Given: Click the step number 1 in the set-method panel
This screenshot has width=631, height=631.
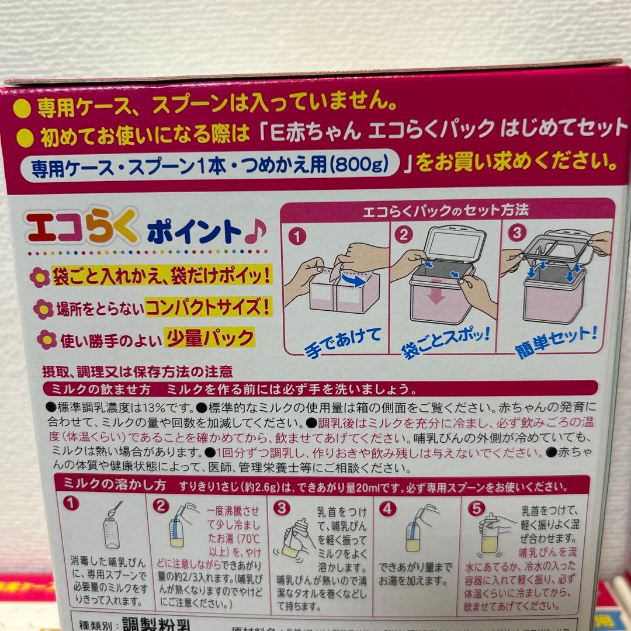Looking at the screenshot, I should [x=297, y=236].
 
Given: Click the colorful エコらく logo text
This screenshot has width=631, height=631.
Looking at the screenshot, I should [x=81, y=228].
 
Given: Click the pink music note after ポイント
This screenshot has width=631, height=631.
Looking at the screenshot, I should [x=255, y=231].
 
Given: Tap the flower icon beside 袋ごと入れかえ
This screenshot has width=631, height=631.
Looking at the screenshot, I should [x=40, y=276].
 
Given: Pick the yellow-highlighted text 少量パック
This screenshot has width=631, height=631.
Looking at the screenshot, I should [x=210, y=338].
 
